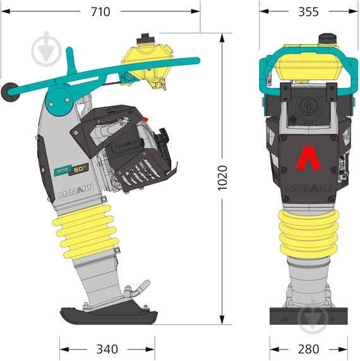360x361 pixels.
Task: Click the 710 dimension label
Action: coord(100,12)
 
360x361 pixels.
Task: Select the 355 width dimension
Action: coord(308,12)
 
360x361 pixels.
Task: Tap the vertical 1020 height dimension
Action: coord(222,178)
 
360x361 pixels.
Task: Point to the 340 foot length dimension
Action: coord(107,349)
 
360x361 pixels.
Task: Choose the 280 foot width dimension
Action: coord(308,349)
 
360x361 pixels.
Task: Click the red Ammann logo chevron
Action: coord(309,158)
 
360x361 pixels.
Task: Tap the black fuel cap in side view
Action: coord(145,38)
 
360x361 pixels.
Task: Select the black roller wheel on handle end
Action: coord(9,92)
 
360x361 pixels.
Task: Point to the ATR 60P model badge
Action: coord(71,170)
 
